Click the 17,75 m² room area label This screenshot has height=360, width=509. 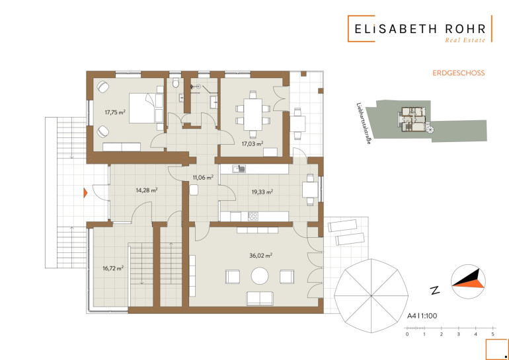click(115, 112)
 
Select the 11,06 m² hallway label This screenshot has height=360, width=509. click(203, 177)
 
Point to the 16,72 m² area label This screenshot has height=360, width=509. click(112, 268)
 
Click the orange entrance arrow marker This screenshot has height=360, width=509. click(85, 193)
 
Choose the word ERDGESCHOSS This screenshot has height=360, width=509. click(458, 73)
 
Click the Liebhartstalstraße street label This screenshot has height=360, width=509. click(364, 124)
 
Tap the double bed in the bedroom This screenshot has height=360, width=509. click(146, 108)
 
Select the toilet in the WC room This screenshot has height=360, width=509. click(176, 83)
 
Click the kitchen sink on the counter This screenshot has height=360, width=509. click(239, 168)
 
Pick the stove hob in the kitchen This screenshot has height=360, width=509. click(253, 216)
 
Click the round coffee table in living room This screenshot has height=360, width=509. click(260, 276)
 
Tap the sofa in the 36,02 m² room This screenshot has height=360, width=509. click(260, 299)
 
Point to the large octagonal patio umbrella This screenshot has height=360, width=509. click(372, 295)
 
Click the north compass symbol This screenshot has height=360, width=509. click(468, 281)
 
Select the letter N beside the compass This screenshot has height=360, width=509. click(434, 290)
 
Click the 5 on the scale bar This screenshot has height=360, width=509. click(492, 334)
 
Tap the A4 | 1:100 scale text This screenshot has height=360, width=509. click(422, 316)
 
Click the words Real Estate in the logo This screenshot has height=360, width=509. click(465, 40)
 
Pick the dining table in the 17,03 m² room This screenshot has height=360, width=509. click(253, 114)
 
